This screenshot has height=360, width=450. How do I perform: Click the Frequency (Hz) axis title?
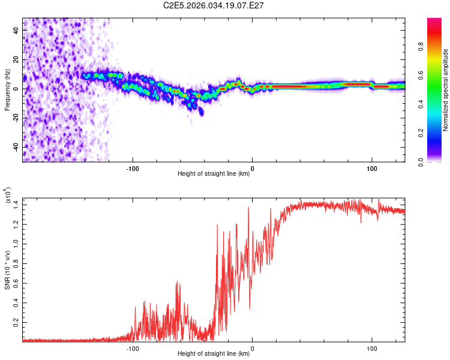[8, 89]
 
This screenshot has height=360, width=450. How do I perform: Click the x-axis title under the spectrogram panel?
[214, 174]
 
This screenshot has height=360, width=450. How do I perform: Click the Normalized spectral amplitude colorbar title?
[446, 90]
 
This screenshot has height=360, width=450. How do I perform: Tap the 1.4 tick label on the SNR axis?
[15, 205]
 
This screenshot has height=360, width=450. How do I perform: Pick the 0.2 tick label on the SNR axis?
[15, 322]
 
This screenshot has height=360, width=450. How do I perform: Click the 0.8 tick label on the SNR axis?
[15, 263]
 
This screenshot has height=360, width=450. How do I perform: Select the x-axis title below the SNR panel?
[214, 354]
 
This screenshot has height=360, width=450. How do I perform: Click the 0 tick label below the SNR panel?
[252, 349]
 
